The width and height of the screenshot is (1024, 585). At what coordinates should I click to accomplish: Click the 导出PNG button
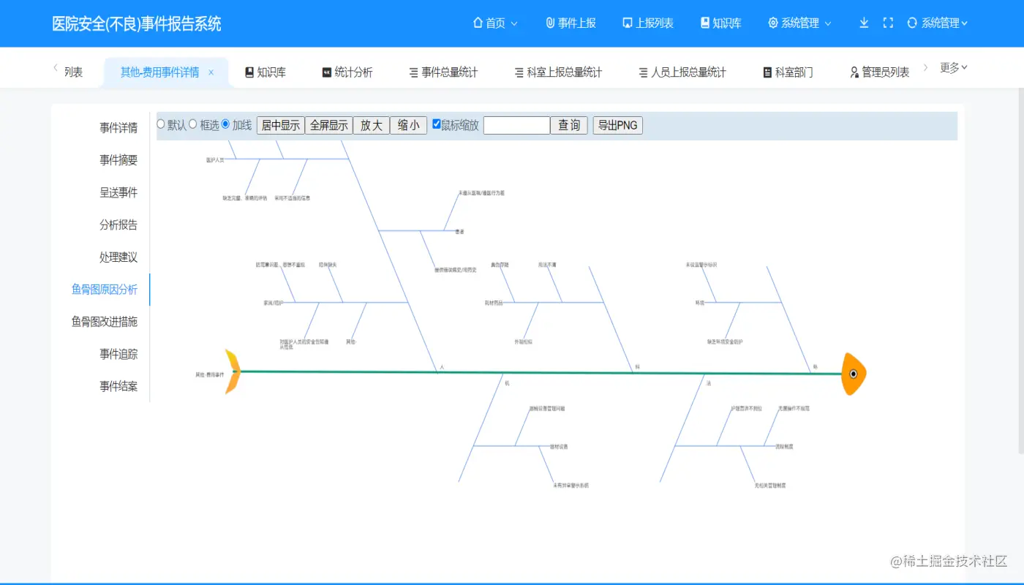click(617, 125)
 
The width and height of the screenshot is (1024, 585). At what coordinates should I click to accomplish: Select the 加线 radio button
click(225, 124)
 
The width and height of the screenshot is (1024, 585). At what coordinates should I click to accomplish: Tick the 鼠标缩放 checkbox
click(437, 124)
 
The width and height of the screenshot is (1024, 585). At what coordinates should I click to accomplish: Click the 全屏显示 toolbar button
click(328, 125)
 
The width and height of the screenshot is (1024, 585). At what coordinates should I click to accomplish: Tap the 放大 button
click(371, 125)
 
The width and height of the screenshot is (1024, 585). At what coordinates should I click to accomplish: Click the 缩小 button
click(408, 125)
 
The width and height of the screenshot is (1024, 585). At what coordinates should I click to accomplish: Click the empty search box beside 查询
click(516, 125)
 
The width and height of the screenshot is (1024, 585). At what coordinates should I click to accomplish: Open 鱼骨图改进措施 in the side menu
click(104, 322)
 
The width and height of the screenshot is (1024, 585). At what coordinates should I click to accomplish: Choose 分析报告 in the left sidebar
click(118, 225)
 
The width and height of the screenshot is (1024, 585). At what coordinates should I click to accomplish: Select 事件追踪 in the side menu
click(118, 354)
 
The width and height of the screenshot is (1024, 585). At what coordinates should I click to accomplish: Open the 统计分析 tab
click(347, 72)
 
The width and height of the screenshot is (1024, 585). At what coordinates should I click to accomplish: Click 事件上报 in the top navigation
click(571, 23)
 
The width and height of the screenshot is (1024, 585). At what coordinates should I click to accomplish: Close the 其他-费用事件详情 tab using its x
click(211, 72)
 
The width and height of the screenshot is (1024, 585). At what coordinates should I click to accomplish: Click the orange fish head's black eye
click(853, 374)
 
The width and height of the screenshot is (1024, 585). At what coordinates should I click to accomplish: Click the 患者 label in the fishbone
click(459, 232)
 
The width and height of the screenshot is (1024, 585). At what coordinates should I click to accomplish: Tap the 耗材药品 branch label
click(494, 302)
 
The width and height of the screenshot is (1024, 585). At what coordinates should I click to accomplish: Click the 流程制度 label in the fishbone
click(784, 446)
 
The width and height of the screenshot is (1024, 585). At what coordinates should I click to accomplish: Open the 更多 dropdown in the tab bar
click(953, 68)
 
